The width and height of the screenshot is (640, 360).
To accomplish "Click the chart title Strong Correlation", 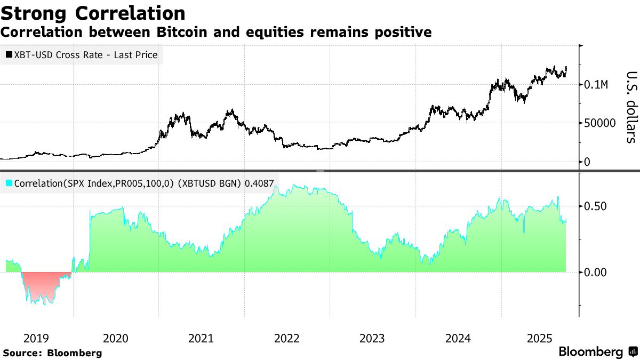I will pyautogui.click(x=93, y=13).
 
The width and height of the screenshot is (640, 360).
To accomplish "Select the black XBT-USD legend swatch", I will pyautogui.click(x=9, y=54).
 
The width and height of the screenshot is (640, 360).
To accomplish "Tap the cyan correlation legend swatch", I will pyautogui.click(x=9, y=183).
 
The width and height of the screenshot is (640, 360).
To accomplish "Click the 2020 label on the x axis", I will pyautogui.click(x=115, y=338).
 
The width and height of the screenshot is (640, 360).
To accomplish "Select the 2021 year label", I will pyautogui.click(x=201, y=338).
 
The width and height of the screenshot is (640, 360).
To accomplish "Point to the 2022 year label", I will pyautogui.click(x=286, y=338).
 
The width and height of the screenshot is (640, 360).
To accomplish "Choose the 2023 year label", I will pyautogui.click(x=372, y=338).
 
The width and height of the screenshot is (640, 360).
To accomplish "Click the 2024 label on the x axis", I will pyautogui.click(x=458, y=338).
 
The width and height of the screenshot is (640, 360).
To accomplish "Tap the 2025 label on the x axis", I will pyautogui.click(x=539, y=338).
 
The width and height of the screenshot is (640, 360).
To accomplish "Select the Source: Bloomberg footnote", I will pyautogui.click(x=52, y=353).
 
